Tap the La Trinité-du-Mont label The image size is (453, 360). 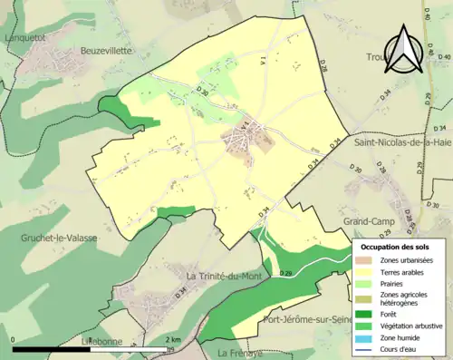(223, 275)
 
